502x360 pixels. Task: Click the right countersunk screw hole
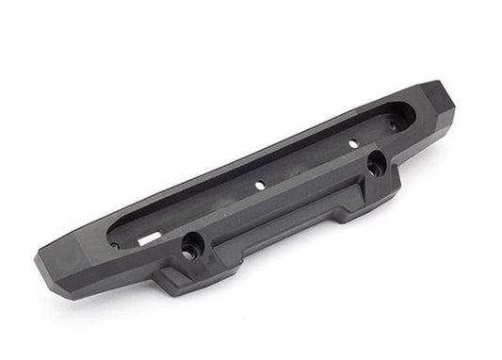coord(375,161)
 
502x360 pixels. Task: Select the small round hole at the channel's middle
coord(260,187)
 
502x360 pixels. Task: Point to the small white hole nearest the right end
coord(352,143)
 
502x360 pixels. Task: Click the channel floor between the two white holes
coord(306,165)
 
